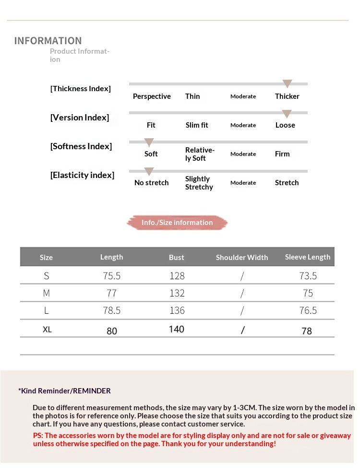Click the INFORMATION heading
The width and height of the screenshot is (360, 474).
(48, 41)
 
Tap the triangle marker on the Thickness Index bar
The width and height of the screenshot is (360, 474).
(287, 84)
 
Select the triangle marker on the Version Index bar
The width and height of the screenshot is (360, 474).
(287, 114)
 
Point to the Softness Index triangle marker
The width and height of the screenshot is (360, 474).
(149, 142)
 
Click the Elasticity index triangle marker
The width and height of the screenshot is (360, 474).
(149, 171)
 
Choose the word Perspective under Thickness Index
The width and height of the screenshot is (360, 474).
(152, 96)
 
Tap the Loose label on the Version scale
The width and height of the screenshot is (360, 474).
(285, 125)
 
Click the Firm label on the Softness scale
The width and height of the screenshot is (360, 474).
(282, 154)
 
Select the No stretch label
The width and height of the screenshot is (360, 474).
(151, 183)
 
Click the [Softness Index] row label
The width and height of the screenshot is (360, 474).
(81, 146)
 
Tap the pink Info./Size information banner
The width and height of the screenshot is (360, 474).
(177, 223)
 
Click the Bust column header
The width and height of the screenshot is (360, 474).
(177, 258)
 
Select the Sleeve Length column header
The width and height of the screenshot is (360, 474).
(308, 257)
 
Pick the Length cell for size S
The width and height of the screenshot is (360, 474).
(112, 276)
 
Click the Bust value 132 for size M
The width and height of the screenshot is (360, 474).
(177, 293)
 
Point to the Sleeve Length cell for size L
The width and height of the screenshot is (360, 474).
(308, 310)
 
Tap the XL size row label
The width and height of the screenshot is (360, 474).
(47, 330)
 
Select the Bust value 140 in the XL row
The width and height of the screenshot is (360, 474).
(177, 329)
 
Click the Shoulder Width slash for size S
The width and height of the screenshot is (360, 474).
(242, 276)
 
